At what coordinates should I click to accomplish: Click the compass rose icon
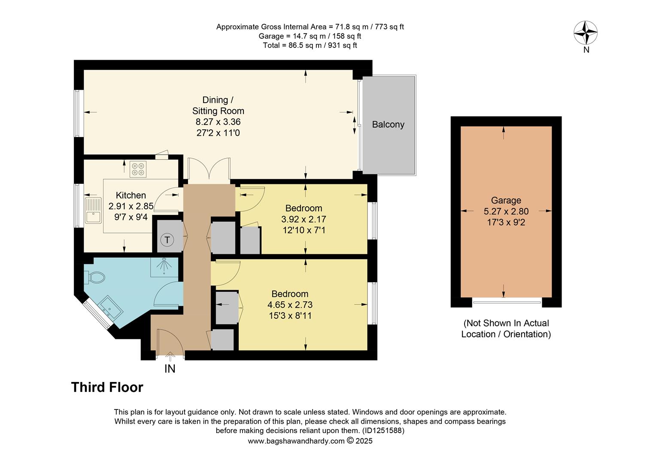tap(586, 33)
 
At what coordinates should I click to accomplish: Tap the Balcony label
tap(388, 125)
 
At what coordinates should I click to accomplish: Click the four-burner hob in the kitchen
tap(138, 169)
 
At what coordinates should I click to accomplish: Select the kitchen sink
tap(93, 210)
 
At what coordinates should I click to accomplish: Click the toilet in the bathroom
tap(95, 278)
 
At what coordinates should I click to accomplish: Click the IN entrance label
tap(170, 369)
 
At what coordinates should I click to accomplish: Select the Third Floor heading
tap(107, 387)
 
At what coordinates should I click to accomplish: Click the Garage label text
tap(506, 200)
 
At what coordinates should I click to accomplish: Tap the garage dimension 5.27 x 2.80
tap(506, 211)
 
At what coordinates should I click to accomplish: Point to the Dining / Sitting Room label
tap(218, 105)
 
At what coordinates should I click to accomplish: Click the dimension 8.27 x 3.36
tap(218, 122)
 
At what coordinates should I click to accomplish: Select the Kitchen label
tap(131, 195)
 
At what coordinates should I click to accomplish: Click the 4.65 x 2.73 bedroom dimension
tap(290, 305)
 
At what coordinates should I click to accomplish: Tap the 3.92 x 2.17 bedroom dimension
tap(304, 219)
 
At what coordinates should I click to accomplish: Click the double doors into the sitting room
tap(209, 169)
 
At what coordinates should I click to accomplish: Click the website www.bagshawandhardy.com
tap(296, 441)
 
